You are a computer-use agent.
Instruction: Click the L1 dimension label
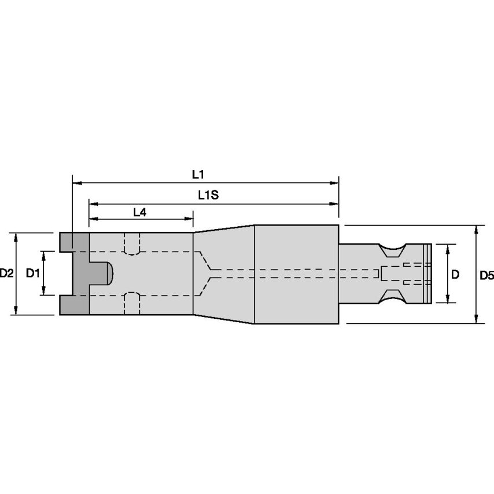[x=198, y=174]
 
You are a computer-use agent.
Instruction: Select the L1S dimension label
[x=208, y=196]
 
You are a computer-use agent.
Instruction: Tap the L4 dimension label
[x=139, y=212]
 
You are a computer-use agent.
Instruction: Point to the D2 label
[x=6, y=273]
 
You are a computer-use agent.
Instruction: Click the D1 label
[x=32, y=273]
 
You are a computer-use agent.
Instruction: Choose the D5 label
[x=486, y=276]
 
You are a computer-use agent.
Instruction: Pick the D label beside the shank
[x=455, y=275]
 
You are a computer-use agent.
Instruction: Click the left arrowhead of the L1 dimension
[x=77, y=183]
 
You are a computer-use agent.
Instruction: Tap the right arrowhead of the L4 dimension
[x=189, y=219]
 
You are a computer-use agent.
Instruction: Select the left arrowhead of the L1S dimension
[x=94, y=204]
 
